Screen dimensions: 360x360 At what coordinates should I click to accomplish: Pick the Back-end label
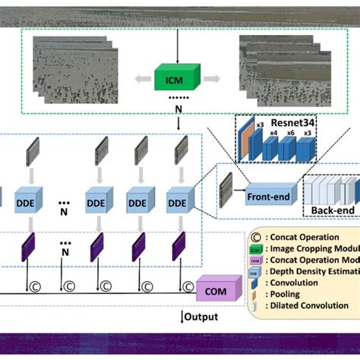tap(328, 209)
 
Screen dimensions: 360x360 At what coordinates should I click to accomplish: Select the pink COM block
tap(215, 290)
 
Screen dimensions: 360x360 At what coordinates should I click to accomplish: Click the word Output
tap(201, 317)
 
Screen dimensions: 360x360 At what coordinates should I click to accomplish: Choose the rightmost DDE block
tap(178, 204)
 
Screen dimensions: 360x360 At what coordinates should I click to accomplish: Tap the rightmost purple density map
tap(178, 248)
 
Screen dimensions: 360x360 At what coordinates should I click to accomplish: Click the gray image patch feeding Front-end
tap(226, 188)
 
